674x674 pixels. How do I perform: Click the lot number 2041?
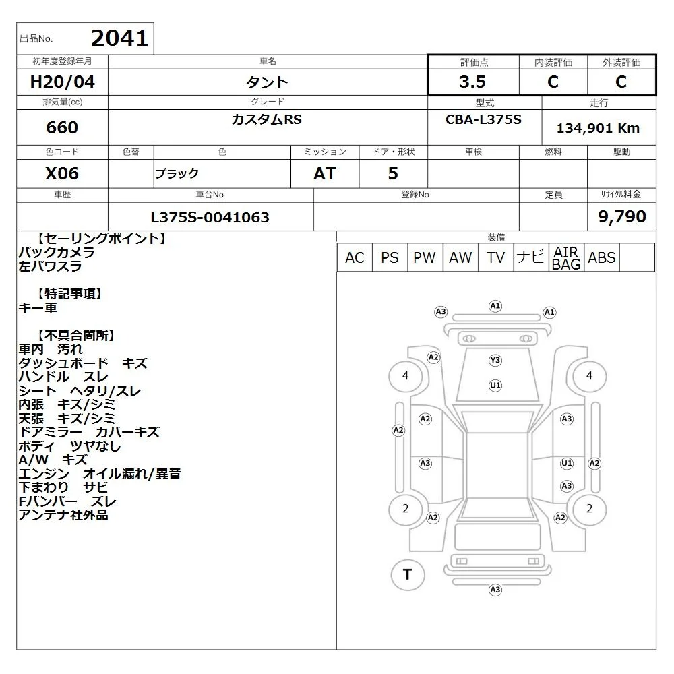(119, 38)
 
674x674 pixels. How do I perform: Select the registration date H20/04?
(62, 82)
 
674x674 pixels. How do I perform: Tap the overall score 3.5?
(472, 82)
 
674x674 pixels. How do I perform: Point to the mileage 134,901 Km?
(598, 128)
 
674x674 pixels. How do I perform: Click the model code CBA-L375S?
(483, 119)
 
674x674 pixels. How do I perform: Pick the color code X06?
(62, 173)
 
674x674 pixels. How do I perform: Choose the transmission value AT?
(325, 173)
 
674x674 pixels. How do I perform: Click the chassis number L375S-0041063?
(210, 217)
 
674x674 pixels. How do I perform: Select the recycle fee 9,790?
(622, 216)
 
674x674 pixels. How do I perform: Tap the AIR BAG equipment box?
(566, 257)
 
